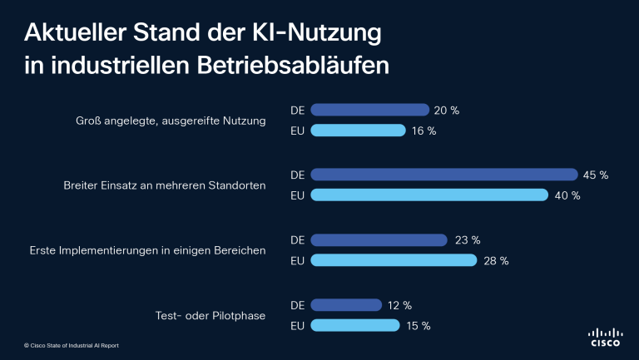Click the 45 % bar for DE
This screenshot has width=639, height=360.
(x=444, y=175)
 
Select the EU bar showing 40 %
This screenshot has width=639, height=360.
(x=429, y=195)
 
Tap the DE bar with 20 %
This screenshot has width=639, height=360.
(x=369, y=110)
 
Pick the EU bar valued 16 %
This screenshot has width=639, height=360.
(x=358, y=131)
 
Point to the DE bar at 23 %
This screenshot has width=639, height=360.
(x=379, y=240)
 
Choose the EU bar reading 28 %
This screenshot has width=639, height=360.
(x=394, y=260)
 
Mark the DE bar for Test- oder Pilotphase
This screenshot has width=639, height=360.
(x=346, y=305)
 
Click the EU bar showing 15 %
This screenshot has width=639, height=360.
(x=355, y=326)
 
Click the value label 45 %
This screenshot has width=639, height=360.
(x=597, y=175)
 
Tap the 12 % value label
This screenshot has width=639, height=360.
(x=400, y=305)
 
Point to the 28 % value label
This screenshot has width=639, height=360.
(x=497, y=261)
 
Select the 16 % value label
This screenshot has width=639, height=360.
(x=424, y=131)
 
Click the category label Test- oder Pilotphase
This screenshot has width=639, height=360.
(x=211, y=316)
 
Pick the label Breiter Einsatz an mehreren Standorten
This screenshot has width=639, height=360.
(x=165, y=185)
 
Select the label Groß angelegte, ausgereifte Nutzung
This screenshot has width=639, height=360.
(x=170, y=121)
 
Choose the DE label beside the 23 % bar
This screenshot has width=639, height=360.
(x=297, y=240)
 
